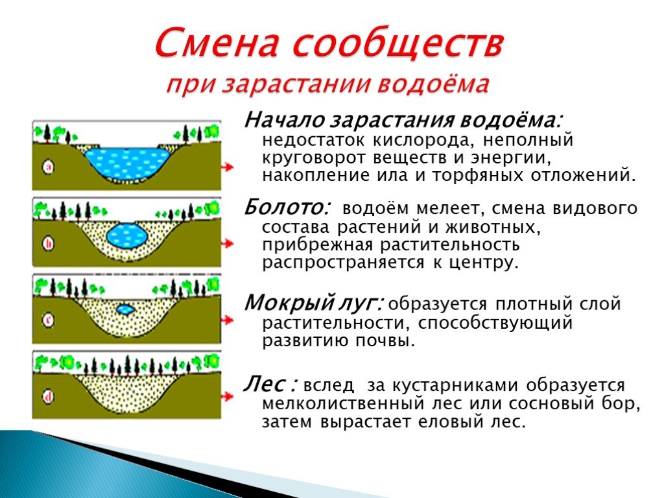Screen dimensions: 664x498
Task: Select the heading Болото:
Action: tap(287, 207)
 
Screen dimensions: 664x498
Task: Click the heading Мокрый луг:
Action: tap(314, 303)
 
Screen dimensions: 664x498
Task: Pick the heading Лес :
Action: tap(270, 384)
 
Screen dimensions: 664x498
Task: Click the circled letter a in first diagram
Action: tap(49, 167)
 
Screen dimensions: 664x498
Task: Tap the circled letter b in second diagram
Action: tap(48, 244)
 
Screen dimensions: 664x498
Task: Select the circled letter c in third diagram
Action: tap(48, 320)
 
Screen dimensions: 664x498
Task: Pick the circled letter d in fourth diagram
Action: tap(48, 397)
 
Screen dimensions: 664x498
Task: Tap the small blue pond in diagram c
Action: tap(125, 309)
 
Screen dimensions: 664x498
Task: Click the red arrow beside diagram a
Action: tap(228, 167)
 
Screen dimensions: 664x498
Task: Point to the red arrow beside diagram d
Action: tap(228, 396)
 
